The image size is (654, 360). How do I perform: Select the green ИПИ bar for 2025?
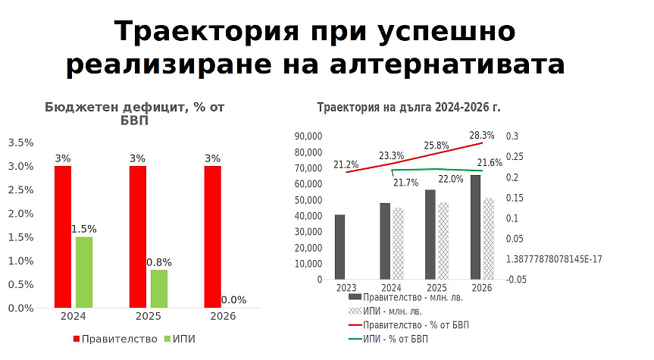tap(159, 289)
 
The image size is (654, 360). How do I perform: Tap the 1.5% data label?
tap(84, 229)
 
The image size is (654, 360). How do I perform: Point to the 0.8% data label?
tap(159, 262)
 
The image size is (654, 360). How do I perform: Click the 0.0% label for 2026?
tap(233, 300)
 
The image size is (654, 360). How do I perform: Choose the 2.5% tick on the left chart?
tap(20, 190)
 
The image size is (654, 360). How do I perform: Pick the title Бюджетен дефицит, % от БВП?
tap(134, 114)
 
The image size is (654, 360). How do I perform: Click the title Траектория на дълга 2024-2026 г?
tap(408, 108)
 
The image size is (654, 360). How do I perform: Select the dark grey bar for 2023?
tap(340, 247)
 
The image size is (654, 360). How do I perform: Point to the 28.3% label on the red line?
tap(482, 136)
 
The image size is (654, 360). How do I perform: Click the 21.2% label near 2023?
tap(346, 164)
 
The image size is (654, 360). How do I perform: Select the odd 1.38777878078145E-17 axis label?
tap(554, 259)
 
